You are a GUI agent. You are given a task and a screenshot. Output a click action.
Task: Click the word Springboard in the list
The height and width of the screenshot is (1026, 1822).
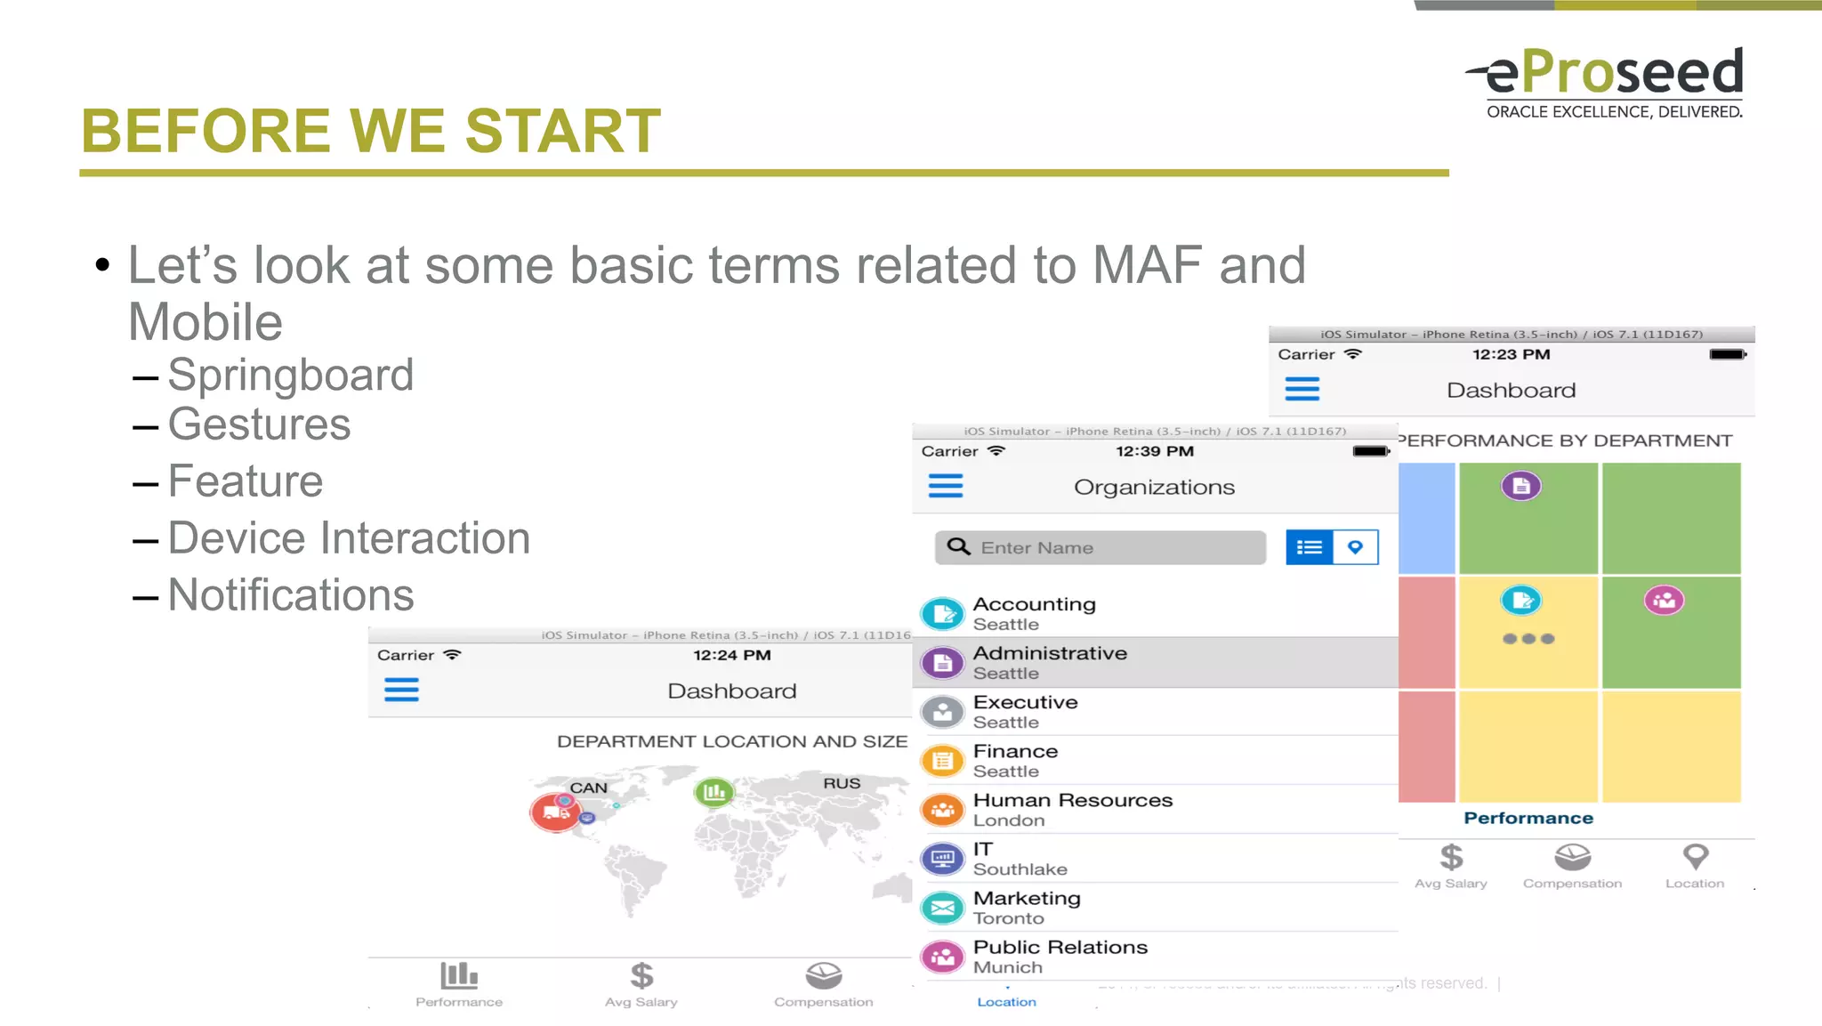290,375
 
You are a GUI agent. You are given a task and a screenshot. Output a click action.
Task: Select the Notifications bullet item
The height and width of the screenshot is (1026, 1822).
290,594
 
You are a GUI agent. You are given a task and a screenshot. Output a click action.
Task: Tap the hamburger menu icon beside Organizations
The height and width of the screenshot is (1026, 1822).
945,486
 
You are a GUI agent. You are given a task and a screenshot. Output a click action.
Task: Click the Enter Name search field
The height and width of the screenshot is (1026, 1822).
1100,547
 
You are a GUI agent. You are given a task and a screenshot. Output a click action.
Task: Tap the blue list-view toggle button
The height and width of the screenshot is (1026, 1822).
1310,547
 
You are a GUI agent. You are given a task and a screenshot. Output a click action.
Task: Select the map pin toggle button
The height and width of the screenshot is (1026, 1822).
1355,547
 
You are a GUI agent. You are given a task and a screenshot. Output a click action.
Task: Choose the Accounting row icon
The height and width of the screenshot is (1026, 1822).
943,613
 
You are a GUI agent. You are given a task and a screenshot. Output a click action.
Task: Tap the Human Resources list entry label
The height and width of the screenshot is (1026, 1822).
1072,800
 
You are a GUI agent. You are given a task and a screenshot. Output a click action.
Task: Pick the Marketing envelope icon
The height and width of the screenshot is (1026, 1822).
943,908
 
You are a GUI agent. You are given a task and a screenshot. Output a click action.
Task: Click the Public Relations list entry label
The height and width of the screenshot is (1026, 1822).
1060,947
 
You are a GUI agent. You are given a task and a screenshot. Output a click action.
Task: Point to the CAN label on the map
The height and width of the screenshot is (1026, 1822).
588,788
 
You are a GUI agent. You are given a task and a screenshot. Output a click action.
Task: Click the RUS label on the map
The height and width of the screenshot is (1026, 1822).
841,783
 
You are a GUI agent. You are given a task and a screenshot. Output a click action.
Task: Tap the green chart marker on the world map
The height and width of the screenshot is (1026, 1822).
713,791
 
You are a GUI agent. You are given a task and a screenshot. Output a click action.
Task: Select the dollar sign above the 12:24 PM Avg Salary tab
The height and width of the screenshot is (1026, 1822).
641,975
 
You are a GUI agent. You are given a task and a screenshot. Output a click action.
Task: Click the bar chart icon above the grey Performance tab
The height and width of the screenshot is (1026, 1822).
459,975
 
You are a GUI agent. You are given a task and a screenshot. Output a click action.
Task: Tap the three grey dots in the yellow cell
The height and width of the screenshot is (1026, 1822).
1528,639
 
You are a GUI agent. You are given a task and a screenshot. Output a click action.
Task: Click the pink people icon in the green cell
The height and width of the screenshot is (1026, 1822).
1664,601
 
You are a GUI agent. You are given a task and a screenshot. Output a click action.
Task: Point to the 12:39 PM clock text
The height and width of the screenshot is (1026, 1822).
1155,451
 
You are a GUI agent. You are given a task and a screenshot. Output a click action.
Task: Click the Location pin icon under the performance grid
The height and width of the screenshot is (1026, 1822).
1696,856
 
